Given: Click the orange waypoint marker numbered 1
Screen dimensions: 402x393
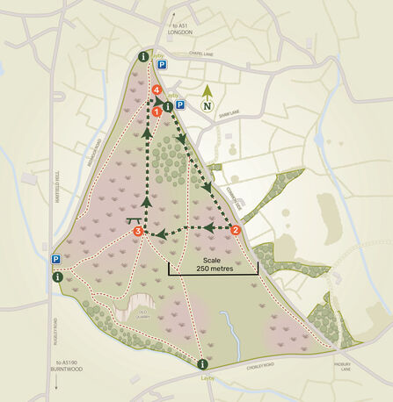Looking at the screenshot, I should click(x=156, y=111).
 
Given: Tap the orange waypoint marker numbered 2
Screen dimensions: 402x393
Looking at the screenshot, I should click(x=236, y=231).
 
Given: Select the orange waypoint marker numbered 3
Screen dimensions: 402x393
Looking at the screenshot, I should click(x=138, y=232).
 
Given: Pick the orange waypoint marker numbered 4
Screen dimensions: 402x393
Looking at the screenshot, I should click(x=156, y=90).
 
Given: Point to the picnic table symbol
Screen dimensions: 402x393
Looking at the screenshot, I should click(x=134, y=219).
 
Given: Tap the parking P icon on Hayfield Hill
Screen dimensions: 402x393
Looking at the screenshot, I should click(x=55, y=260).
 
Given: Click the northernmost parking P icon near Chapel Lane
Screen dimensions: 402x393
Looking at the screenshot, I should click(x=161, y=64).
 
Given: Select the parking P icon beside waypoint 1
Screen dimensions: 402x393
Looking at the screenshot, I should click(x=179, y=104).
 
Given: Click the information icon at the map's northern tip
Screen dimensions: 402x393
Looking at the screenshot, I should click(x=143, y=57).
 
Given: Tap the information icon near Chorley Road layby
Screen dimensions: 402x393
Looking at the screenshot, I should click(x=202, y=363).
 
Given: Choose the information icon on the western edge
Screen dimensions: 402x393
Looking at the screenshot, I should click(x=57, y=276).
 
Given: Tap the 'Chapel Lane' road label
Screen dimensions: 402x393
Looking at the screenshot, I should click(x=202, y=54).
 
